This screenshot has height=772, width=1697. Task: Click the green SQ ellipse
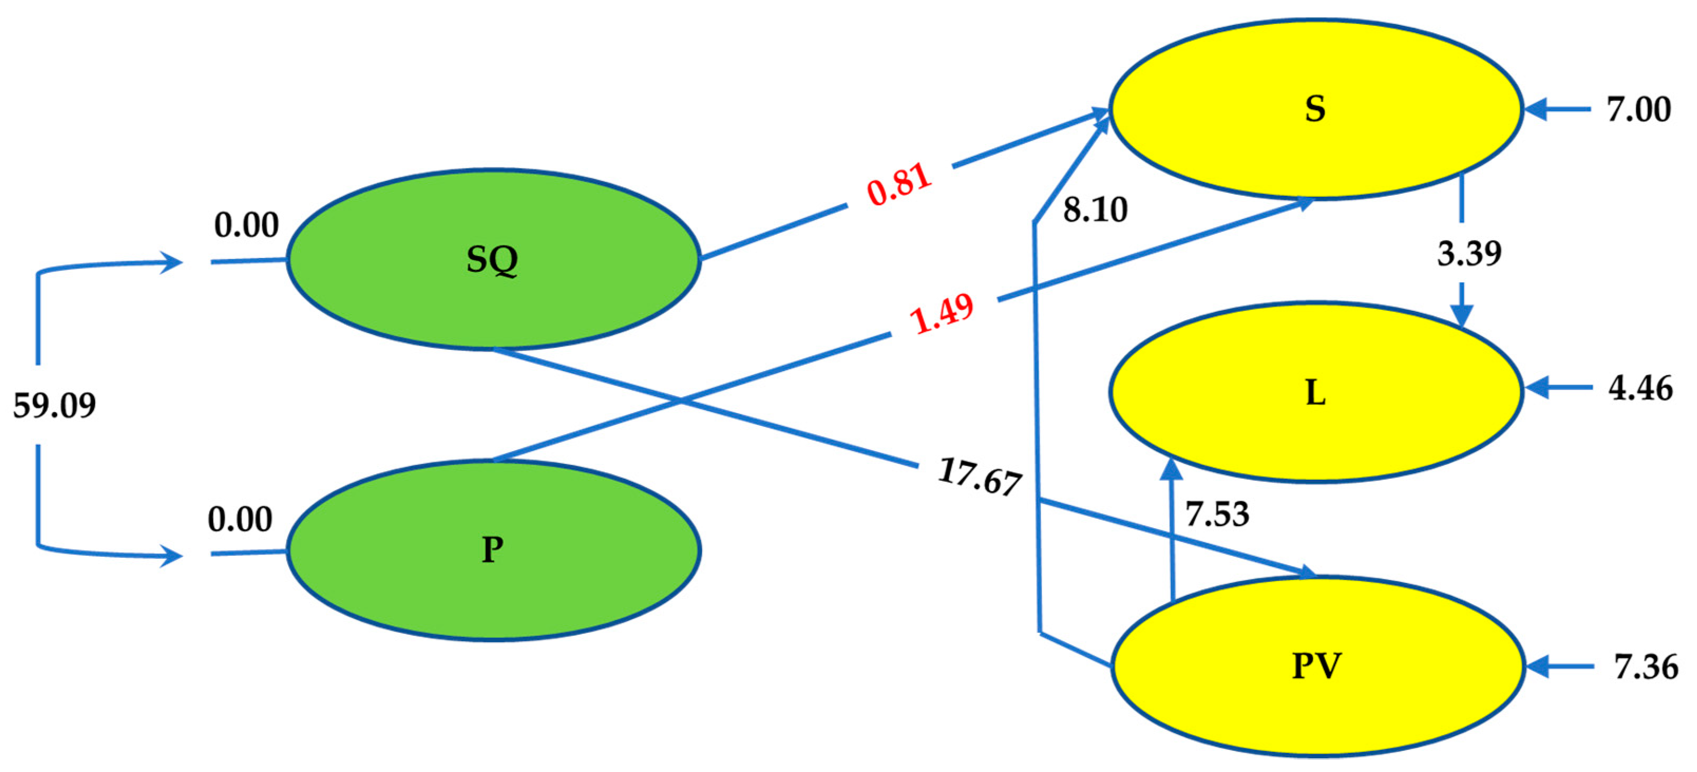[493, 259]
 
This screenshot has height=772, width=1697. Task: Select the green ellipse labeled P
[493, 550]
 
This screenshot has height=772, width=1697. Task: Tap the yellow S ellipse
[1315, 109]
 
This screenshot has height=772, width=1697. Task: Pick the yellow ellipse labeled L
[1315, 393]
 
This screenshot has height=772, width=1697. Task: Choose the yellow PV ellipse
[1318, 666]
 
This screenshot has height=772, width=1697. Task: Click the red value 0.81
[899, 184]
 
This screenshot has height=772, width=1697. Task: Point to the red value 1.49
[941, 313]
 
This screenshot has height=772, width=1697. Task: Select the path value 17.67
[979, 476]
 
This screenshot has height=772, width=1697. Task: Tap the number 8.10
[1095, 210]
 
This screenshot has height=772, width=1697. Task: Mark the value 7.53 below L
[1217, 514]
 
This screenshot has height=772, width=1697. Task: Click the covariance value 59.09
[55, 405]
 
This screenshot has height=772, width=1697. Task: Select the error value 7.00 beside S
[1638, 109]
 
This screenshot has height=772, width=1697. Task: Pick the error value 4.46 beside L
[1641, 388]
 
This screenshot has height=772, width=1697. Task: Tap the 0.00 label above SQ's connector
[246, 225]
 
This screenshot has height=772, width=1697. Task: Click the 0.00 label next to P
[240, 520]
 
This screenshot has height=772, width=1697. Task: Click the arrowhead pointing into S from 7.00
[1535, 109]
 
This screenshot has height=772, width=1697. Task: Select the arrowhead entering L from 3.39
[1463, 316]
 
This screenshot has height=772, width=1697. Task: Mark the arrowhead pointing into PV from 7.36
[1537, 666]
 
